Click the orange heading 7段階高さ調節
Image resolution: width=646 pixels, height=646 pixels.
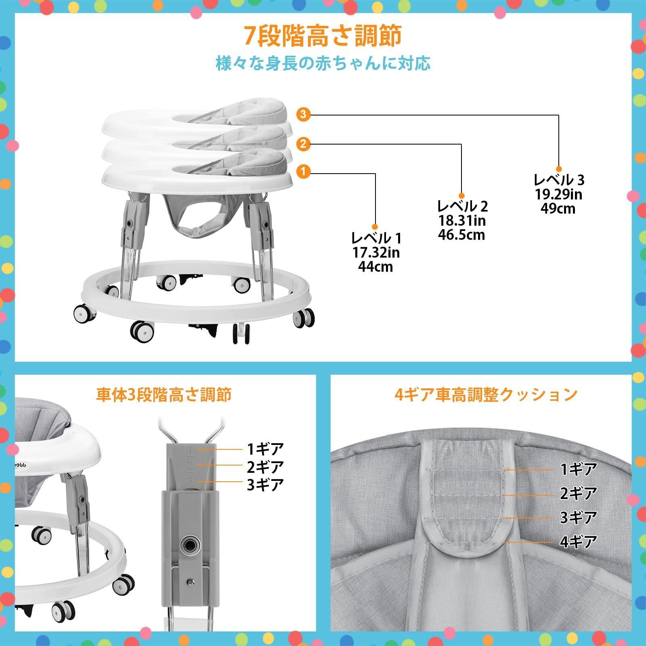click(x=323, y=36)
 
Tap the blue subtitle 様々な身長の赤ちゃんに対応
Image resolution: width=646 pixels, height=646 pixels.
click(x=323, y=64)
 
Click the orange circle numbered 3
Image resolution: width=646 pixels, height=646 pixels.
click(x=304, y=115)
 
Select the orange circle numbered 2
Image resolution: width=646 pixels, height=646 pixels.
click(x=304, y=144)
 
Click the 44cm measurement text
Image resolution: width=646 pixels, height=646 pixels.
click(x=375, y=267)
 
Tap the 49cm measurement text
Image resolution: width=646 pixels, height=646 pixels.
click(x=558, y=209)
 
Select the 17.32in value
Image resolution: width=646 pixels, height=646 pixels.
click(x=375, y=253)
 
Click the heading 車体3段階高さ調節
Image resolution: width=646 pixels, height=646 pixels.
click(x=164, y=394)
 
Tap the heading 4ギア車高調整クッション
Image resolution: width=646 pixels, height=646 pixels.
click(x=486, y=394)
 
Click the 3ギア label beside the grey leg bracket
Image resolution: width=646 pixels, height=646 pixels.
click(x=265, y=484)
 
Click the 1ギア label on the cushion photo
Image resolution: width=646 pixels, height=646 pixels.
click(x=578, y=469)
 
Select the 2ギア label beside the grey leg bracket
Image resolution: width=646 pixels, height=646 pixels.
click(x=265, y=467)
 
